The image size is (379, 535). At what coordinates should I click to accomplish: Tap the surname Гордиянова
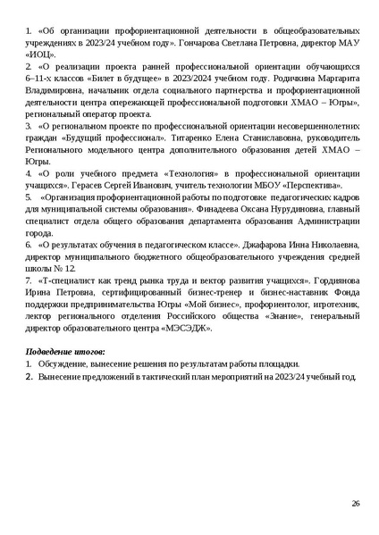click(331, 280)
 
